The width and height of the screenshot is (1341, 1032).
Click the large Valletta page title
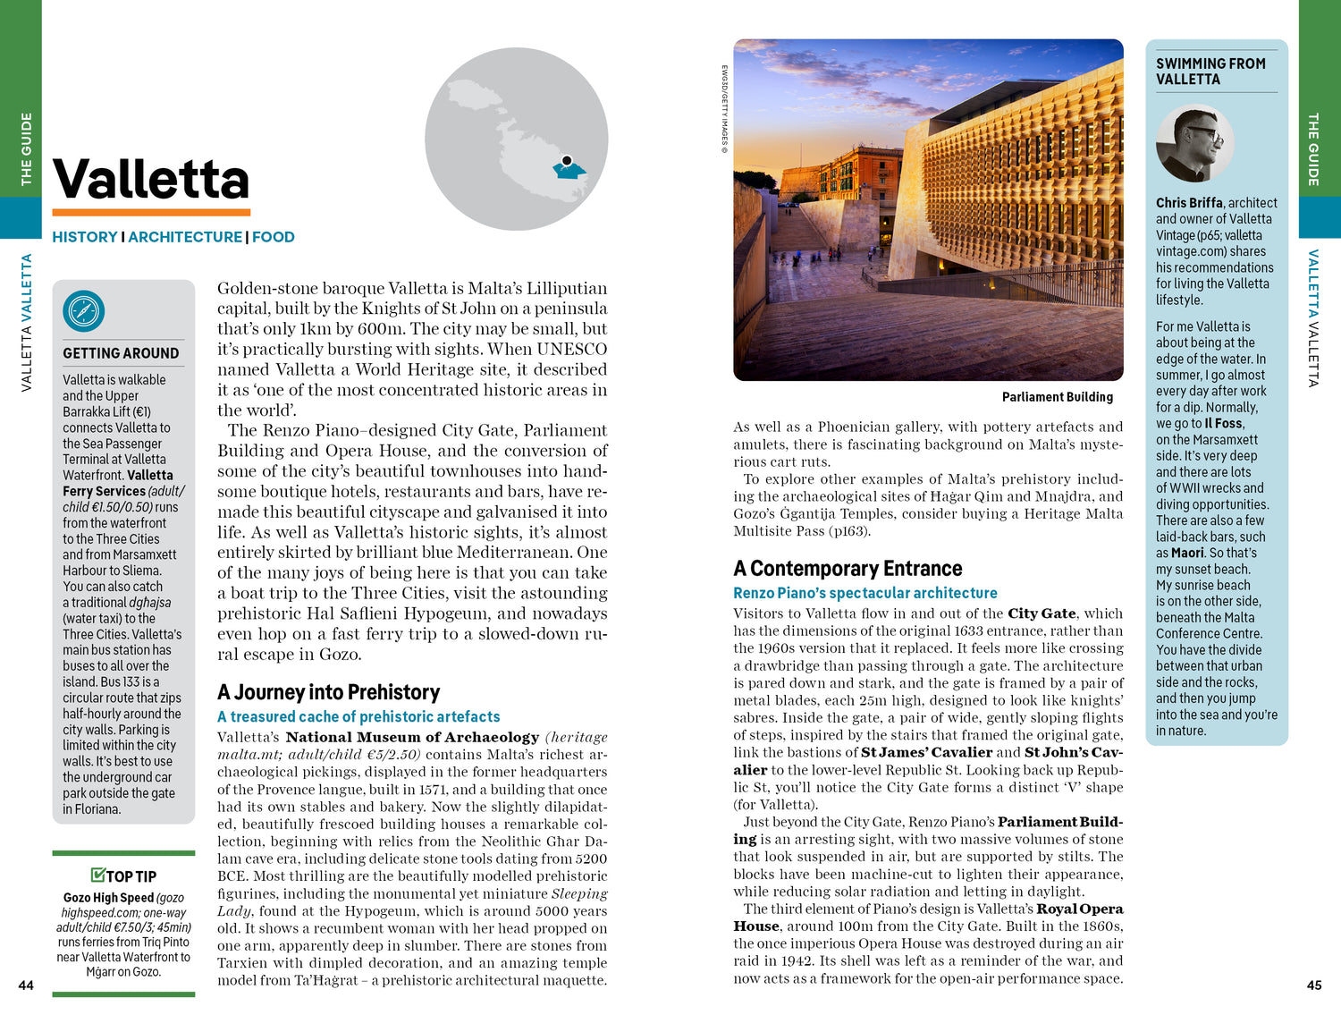151,180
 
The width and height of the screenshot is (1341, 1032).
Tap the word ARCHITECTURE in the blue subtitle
185,237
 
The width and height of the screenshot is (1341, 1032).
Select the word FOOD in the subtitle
273,237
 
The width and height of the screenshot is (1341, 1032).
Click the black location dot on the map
567,161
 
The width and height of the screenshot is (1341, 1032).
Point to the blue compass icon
84,311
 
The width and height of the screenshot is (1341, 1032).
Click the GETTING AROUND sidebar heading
121,353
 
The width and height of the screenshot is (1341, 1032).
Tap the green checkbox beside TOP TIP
97,875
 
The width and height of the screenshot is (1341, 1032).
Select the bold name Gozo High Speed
108,898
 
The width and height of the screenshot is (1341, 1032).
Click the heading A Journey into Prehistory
328,692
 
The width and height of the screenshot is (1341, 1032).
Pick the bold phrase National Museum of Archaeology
412,737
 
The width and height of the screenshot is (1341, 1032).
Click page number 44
26,985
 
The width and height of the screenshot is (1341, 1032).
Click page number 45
1313,985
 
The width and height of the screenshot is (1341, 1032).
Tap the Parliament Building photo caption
1057,397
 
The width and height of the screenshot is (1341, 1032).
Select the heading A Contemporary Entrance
848,569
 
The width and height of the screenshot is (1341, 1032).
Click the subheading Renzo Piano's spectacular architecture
864,593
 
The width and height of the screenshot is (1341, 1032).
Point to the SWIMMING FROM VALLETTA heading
1210,72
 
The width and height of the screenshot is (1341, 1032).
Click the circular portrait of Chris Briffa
1194,143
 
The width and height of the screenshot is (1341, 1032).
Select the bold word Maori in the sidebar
1187,553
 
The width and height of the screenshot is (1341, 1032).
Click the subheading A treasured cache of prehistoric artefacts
358,716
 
